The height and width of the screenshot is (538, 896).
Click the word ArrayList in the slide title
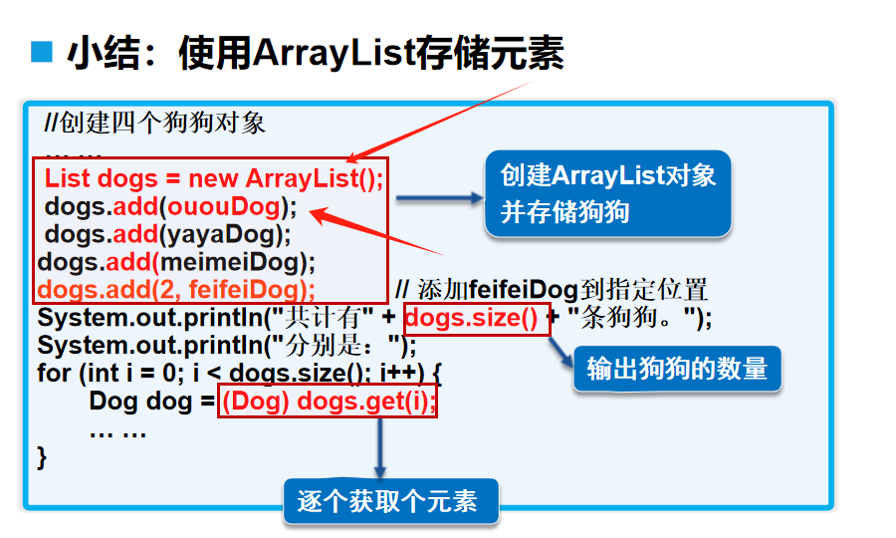334,52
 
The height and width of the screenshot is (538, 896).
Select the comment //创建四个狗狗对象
155,124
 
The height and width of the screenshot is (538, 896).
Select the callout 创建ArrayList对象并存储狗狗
607,193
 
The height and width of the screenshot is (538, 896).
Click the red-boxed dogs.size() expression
476,319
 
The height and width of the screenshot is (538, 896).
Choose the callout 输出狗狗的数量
677,369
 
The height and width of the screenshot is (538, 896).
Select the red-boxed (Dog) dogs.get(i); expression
328,402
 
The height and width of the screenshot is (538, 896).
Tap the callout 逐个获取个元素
391,500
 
